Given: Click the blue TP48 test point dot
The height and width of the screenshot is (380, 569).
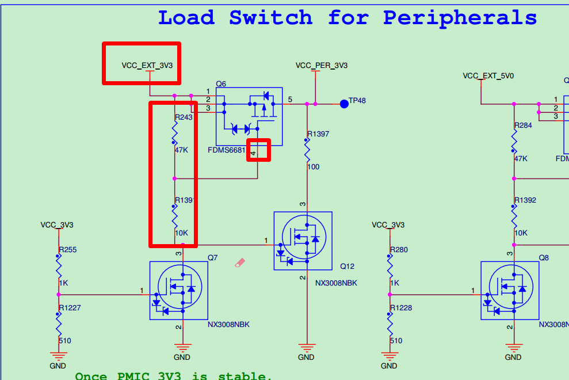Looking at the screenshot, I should click(344, 104).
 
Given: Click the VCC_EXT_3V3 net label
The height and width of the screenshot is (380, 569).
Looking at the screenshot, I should click(147, 66).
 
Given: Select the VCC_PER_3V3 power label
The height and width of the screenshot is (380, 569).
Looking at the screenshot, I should click(322, 66).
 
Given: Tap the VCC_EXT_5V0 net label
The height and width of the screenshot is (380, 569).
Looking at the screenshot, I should click(488, 76).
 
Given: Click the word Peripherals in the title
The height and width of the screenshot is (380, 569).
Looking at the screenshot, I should click(460, 17).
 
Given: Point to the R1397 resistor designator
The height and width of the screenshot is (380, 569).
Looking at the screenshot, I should click(318, 134).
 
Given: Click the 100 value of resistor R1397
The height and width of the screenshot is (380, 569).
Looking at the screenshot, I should click(314, 167).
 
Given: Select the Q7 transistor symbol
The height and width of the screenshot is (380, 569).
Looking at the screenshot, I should click(179, 290).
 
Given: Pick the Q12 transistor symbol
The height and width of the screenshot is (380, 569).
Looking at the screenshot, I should click(303, 241).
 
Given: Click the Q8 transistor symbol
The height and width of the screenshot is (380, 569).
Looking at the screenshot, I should click(510, 290).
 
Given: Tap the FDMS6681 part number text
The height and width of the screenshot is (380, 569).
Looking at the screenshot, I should click(227, 150).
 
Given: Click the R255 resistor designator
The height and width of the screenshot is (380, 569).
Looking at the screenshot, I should click(68, 250).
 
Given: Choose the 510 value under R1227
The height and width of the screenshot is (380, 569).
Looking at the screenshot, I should click(65, 341).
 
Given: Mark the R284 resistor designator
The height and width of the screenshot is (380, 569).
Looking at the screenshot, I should click(524, 126).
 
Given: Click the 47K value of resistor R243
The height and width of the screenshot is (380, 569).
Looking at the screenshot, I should click(182, 150).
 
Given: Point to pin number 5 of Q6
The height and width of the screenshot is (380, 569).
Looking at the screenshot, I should click(290, 100).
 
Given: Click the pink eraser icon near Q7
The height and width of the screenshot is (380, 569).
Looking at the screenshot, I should click(240, 263).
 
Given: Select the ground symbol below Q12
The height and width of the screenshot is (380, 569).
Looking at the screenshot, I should click(307, 348).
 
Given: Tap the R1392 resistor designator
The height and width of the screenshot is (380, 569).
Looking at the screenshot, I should click(525, 200).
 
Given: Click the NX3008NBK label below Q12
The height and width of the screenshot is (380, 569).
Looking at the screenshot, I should click(336, 283).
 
